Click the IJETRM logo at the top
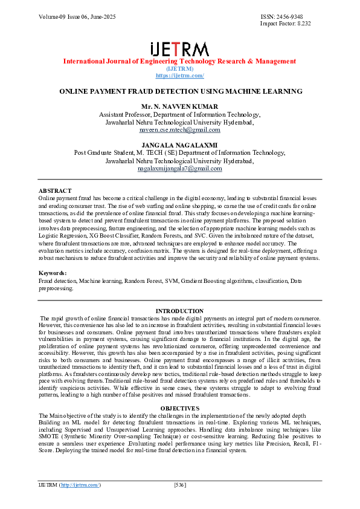click(x=179, y=49)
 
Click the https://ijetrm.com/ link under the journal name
click(x=179, y=76)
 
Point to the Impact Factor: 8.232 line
click(x=285, y=23)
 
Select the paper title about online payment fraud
click(x=179, y=91)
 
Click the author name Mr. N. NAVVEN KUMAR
click(x=179, y=107)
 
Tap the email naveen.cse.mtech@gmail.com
click(x=179, y=129)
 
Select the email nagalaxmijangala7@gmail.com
click(x=179, y=169)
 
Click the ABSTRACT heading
click(x=54, y=191)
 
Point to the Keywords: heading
click(x=53, y=274)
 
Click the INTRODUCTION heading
click(x=179, y=311)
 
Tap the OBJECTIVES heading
click(x=179, y=409)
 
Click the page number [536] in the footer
click(x=179, y=485)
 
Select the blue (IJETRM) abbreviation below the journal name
click(x=179, y=69)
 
